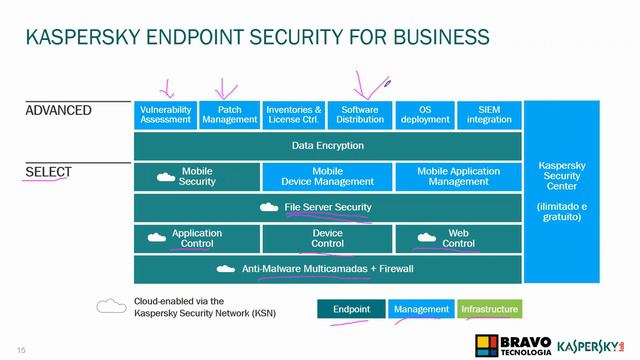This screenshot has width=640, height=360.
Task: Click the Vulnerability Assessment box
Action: (165, 115)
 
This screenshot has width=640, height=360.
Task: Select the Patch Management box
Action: (229, 115)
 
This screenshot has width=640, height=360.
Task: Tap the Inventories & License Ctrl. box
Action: (294, 115)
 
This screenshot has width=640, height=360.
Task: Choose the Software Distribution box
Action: (359, 115)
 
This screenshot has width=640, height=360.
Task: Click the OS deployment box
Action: (424, 115)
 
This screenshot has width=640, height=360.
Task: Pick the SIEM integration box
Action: (490, 115)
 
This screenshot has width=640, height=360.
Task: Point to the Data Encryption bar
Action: (328, 146)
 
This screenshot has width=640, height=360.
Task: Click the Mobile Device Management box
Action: (327, 177)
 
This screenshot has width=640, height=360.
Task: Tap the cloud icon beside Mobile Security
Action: (166, 177)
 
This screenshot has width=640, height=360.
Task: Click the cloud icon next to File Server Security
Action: (269, 208)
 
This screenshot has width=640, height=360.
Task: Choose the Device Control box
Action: (327, 238)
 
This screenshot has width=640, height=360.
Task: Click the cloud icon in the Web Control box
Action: (427, 238)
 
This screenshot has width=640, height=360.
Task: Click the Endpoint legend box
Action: (351, 310)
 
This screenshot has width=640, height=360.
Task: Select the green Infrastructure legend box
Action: (489, 310)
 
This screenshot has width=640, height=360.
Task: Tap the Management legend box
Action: (421, 310)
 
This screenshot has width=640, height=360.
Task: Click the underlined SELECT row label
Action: (48, 172)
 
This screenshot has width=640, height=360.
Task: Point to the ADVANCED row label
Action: (58, 110)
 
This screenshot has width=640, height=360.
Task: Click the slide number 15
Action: (20, 348)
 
